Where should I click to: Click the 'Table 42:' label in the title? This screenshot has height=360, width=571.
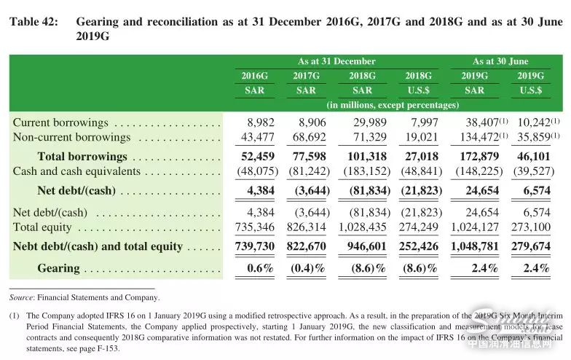(34, 22)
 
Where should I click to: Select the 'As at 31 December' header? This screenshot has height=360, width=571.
(336, 61)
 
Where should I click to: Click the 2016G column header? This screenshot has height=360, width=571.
(255, 76)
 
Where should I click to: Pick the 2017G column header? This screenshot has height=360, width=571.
(307, 76)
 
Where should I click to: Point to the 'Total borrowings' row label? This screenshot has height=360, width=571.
(82, 157)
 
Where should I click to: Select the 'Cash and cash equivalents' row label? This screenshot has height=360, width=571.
(76, 172)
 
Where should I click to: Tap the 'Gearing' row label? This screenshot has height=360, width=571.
(58, 268)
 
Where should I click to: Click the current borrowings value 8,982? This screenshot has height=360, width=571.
(259, 123)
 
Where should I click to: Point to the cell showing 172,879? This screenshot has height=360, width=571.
(479, 157)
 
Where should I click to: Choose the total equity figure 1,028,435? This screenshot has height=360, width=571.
(361, 227)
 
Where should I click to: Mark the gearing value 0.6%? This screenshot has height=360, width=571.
(259, 268)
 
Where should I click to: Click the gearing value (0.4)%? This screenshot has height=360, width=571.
(310, 268)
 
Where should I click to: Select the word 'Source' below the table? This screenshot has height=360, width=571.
(23, 297)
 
